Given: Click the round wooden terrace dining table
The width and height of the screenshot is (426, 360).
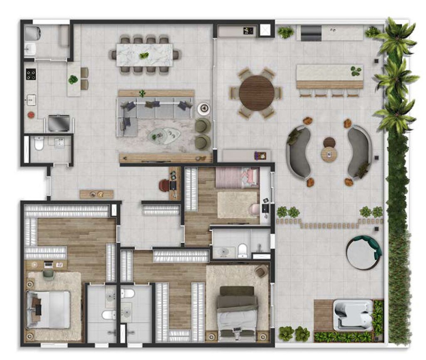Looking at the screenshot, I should coord(257,93).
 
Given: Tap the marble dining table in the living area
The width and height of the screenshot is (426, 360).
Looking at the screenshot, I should coord(144,55).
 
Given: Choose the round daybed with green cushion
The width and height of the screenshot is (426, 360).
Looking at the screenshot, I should coord(363,252).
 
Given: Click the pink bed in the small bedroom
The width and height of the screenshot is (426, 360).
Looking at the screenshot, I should coord(237,178).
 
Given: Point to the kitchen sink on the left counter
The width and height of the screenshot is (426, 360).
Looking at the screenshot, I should coord(31,100).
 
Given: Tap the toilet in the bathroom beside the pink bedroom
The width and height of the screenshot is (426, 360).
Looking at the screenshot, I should coord(243,250).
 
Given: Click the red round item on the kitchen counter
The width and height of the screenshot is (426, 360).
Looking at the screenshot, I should coord(30,114).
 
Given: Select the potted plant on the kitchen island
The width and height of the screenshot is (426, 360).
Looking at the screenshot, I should coord(73,79).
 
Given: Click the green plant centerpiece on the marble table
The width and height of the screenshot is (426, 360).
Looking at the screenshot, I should coord(144,55).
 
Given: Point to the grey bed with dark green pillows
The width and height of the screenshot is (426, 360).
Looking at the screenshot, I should coord(237,311).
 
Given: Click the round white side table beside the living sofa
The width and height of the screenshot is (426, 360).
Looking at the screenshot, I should coord(204,108).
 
